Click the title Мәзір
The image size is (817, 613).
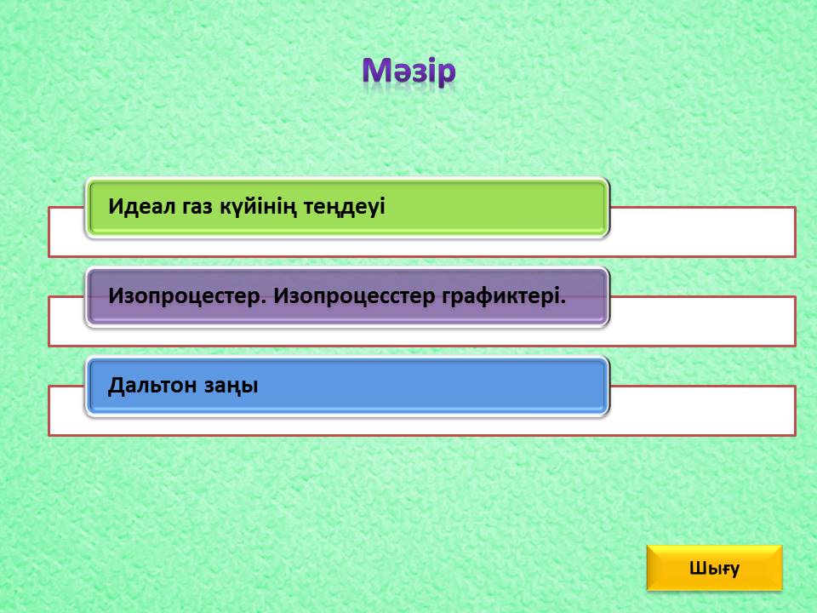click(409, 72)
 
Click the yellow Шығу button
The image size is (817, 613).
click(714, 568)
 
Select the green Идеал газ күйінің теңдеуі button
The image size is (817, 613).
click(347, 208)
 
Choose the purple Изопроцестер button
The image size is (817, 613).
click(347, 297)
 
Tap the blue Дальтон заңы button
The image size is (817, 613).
click(347, 387)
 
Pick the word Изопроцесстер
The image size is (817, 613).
click(354, 296)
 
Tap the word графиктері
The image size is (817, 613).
click(503, 296)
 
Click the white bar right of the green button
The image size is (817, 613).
click(702, 232)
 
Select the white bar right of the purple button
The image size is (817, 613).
click(702, 321)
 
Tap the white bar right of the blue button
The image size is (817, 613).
click(702, 410)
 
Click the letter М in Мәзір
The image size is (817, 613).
click(375, 71)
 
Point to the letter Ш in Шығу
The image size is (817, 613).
click(697, 568)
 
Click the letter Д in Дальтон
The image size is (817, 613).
click(116, 387)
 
